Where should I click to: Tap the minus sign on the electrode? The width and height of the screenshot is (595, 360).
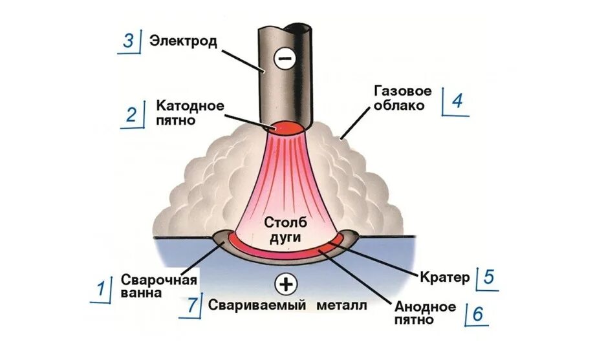(x=284, y=59)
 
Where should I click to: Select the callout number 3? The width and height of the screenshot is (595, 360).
(x=128, y=41)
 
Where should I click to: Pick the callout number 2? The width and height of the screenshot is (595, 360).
(x=131, y=114)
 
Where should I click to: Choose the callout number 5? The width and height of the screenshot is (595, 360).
(x=488, y=278)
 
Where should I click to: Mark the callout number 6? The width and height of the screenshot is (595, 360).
(x=477, y=313)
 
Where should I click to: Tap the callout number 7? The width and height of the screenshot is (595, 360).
(x=192, y=305)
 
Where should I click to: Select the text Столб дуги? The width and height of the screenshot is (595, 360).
(x=282, y=229)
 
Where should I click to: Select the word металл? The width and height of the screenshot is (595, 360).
(x=342, y=306)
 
